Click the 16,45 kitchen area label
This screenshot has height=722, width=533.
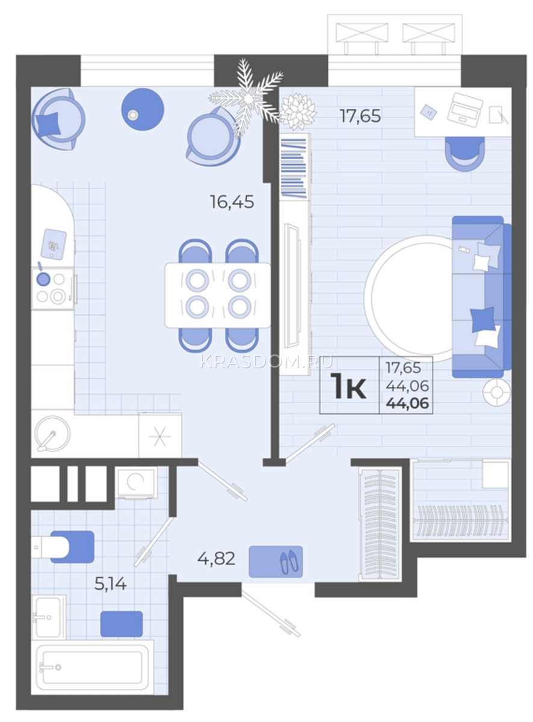click(232, 202)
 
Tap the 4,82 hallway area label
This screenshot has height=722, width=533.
click(216, 559)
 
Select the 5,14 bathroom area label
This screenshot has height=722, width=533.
click(110, 584)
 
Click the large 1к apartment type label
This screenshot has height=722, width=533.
click(348, 386)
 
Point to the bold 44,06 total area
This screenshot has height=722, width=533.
click(407, 404)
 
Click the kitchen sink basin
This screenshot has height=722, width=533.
click(52, 434)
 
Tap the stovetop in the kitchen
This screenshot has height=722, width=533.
click(52, 288)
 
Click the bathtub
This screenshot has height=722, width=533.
click(93, 667)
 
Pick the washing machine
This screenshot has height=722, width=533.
click(136, 482)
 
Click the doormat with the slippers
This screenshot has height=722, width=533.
click(276, 561)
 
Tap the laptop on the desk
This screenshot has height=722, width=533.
click(464, 110)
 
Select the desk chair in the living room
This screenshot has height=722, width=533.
click(464, 153)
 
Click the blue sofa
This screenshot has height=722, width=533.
click(481, 297)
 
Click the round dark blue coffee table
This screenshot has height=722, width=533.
click(143, 110)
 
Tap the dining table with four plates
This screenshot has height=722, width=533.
click(218, 295)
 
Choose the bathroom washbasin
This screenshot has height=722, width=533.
click(49, 617)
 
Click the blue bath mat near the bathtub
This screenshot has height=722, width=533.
click(122, 624)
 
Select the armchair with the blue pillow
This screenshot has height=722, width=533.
click(58, 119)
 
